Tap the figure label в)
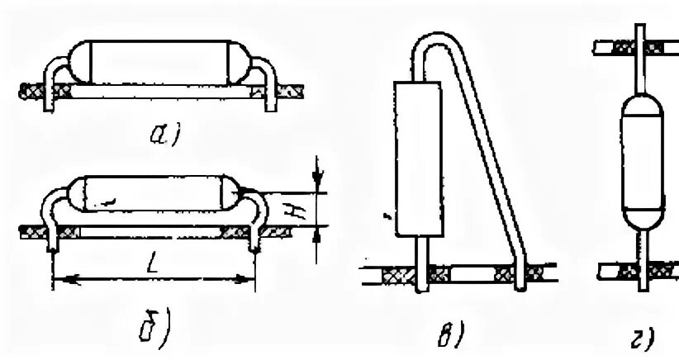coord(450,334)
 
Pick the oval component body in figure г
coord(639,162)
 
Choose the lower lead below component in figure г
coord(639,256)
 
